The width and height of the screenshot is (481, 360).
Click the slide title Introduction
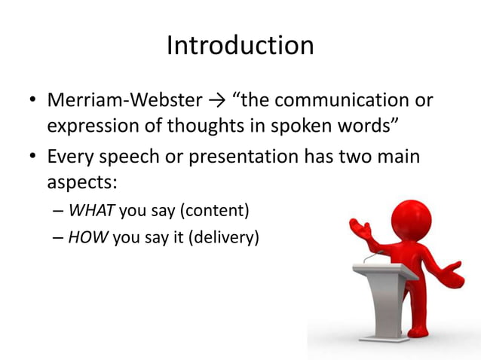click(x=240, y=46)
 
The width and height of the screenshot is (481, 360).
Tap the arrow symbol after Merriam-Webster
click(x=222, y=100)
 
